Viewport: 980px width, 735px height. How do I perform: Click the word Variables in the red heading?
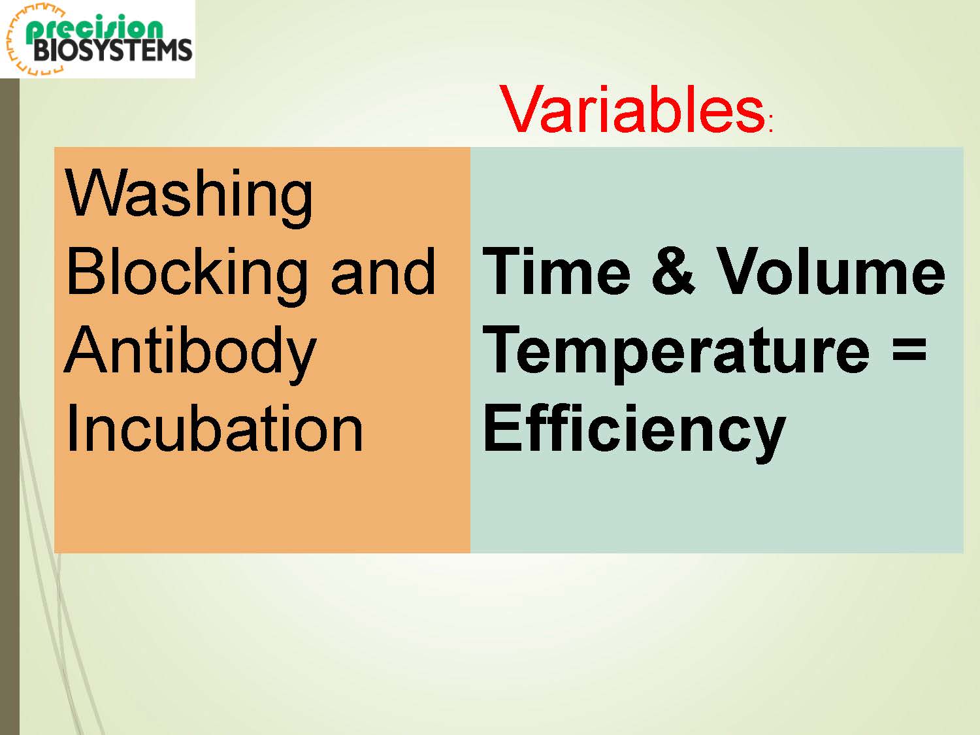[632, 109]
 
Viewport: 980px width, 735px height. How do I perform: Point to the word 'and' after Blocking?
[383, 271]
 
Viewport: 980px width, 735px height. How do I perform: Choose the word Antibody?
[191, 353]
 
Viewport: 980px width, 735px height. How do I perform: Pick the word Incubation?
[214, 428]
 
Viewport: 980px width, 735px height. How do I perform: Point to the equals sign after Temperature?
[909, 351]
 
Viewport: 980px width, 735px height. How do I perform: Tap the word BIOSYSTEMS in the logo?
[112, 50]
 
